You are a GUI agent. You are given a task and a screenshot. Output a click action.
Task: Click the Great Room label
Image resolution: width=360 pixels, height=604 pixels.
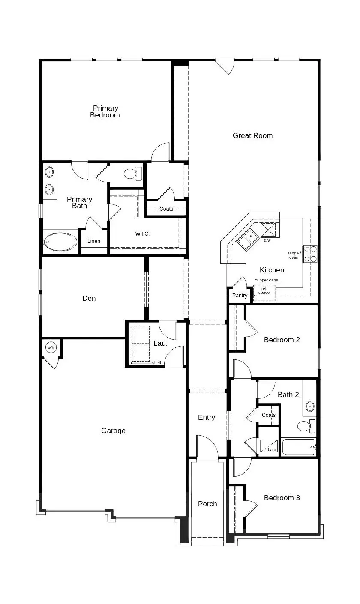coord(252,135)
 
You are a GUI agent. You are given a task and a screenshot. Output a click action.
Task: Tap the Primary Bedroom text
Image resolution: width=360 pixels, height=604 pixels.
coord(105,111)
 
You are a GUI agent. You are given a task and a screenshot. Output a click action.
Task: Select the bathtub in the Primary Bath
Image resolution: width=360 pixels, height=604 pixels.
coord(60,242)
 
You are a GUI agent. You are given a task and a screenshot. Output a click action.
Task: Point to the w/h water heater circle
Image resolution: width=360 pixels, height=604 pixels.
coord(51,347)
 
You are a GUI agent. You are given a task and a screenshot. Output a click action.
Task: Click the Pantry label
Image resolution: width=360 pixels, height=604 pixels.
coord(240,296)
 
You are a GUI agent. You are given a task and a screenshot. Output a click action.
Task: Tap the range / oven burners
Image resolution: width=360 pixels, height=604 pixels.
coord(310,254)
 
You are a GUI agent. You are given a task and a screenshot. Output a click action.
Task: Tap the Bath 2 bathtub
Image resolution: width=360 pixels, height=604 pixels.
coord(298,447)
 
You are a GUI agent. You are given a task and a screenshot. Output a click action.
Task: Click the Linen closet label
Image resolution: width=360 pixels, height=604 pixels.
coord(94,241)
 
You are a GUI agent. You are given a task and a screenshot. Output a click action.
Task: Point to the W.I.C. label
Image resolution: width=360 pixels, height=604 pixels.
coord(143,233)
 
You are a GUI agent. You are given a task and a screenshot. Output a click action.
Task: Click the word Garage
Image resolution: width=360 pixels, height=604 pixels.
coord(114,431)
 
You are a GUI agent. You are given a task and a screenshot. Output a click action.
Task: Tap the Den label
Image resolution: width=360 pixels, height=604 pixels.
coord(89,298)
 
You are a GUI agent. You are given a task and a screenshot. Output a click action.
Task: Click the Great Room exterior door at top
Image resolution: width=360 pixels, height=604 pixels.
coord(225,66)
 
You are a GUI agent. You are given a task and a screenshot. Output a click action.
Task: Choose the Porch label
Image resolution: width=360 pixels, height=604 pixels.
coord(207,504)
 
